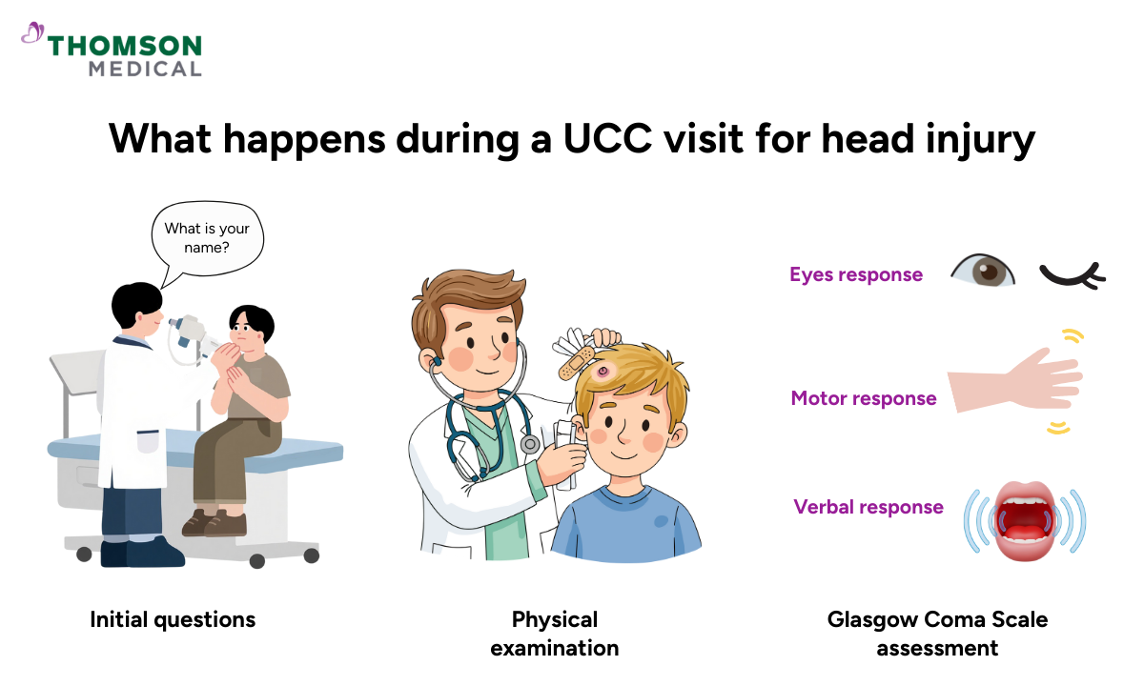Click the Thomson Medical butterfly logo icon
tap(32, 35)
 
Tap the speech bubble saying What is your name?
tap(207, 241)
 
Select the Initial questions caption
tap(173, 619)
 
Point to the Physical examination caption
tap(555, 634)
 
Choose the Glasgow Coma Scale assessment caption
tap(937, 634)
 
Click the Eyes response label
tap(855, 274)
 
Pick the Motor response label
tap(863, 398)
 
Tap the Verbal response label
tap(868, 507)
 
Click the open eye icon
tap(983, 272)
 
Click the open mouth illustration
tap(1025, 519)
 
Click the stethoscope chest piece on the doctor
tap(529, 444)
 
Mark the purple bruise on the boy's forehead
tap(603, 370)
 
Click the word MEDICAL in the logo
tap(145, 69)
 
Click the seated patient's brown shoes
tap(214, 522)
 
